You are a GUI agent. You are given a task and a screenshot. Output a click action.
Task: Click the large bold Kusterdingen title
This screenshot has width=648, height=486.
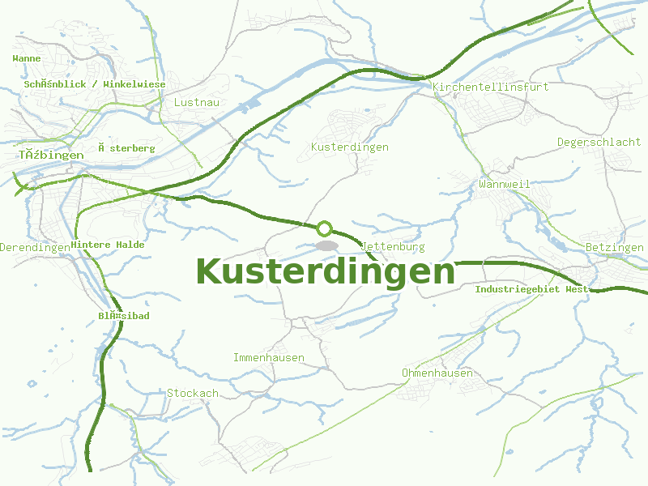pyautogui.click(x=326, y=271)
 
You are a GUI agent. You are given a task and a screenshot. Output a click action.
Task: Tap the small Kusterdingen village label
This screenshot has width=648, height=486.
pyautogui.click(x=350, y=147)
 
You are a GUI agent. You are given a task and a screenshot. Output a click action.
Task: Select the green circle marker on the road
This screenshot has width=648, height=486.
pyautogui.click(x=325, y=228)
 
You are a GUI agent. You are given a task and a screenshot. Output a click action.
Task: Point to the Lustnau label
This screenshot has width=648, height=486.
pyautogui.click(x=197, y=103)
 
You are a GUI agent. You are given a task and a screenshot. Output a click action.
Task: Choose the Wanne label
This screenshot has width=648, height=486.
pyautogui.click(x=27, y=58)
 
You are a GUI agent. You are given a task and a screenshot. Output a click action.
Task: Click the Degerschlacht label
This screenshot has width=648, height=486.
pyautogui.click(x=599, y=143)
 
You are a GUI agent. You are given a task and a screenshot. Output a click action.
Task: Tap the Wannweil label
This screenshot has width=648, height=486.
pyautogui.click(x=504, y=185)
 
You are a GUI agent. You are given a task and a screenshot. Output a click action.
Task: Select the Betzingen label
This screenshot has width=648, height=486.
pyautogui.click(x=614, y=247)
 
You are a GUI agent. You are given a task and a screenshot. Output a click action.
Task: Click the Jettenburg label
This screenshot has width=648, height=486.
pyautogui.click(x=394, y=246)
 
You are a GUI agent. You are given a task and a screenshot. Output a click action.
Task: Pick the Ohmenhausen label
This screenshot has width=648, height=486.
pyautogui.click(x=437, y=373)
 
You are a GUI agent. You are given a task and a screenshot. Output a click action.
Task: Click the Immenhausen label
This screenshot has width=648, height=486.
pyautogui.click(x=269, y=358)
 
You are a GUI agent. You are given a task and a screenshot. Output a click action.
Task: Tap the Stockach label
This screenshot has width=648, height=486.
pyautogui.click(x=193, y=394)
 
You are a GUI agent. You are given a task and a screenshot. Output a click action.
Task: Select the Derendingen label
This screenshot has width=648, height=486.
pyautogui.click(x=34, y=247)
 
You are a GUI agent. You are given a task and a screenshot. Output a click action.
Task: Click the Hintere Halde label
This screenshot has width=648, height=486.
pyautogui.click(x=108, y=245)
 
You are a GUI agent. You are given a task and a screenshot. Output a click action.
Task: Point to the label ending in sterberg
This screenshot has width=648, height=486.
pyautogui.click(x=126, y=149)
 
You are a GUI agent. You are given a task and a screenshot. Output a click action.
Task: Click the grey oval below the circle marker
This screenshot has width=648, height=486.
pyautogui.click(x=326, y=245)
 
